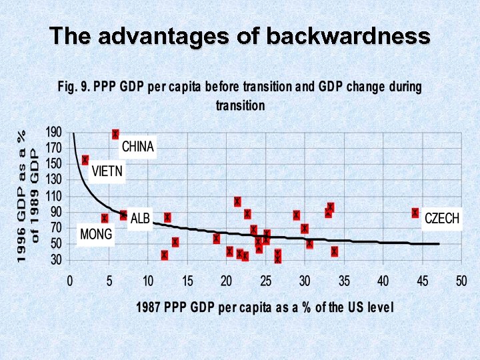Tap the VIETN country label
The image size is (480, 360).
click(107, 171)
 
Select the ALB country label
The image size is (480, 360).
click(140, 219)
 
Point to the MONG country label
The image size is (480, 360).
click(96, 235)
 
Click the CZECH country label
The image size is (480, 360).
click(441, 219)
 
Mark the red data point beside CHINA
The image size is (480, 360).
click(115, 135)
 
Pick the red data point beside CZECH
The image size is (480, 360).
click(415, 213)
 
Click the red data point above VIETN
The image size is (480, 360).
click(85, 160)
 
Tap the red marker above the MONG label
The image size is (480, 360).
click(105, 218)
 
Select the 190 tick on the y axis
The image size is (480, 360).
click(54, 132)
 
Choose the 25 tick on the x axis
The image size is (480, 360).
click(266, 281)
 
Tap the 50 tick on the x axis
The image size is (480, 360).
click(461, 281)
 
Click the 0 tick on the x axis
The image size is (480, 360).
click(70, 281)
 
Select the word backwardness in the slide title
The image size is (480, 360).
click(347, 36)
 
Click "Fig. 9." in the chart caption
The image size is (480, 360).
click(73, 87)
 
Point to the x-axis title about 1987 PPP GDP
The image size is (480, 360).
click(265, 307)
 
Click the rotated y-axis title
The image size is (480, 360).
click(29, 195)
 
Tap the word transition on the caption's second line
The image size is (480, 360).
click(240, 105)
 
